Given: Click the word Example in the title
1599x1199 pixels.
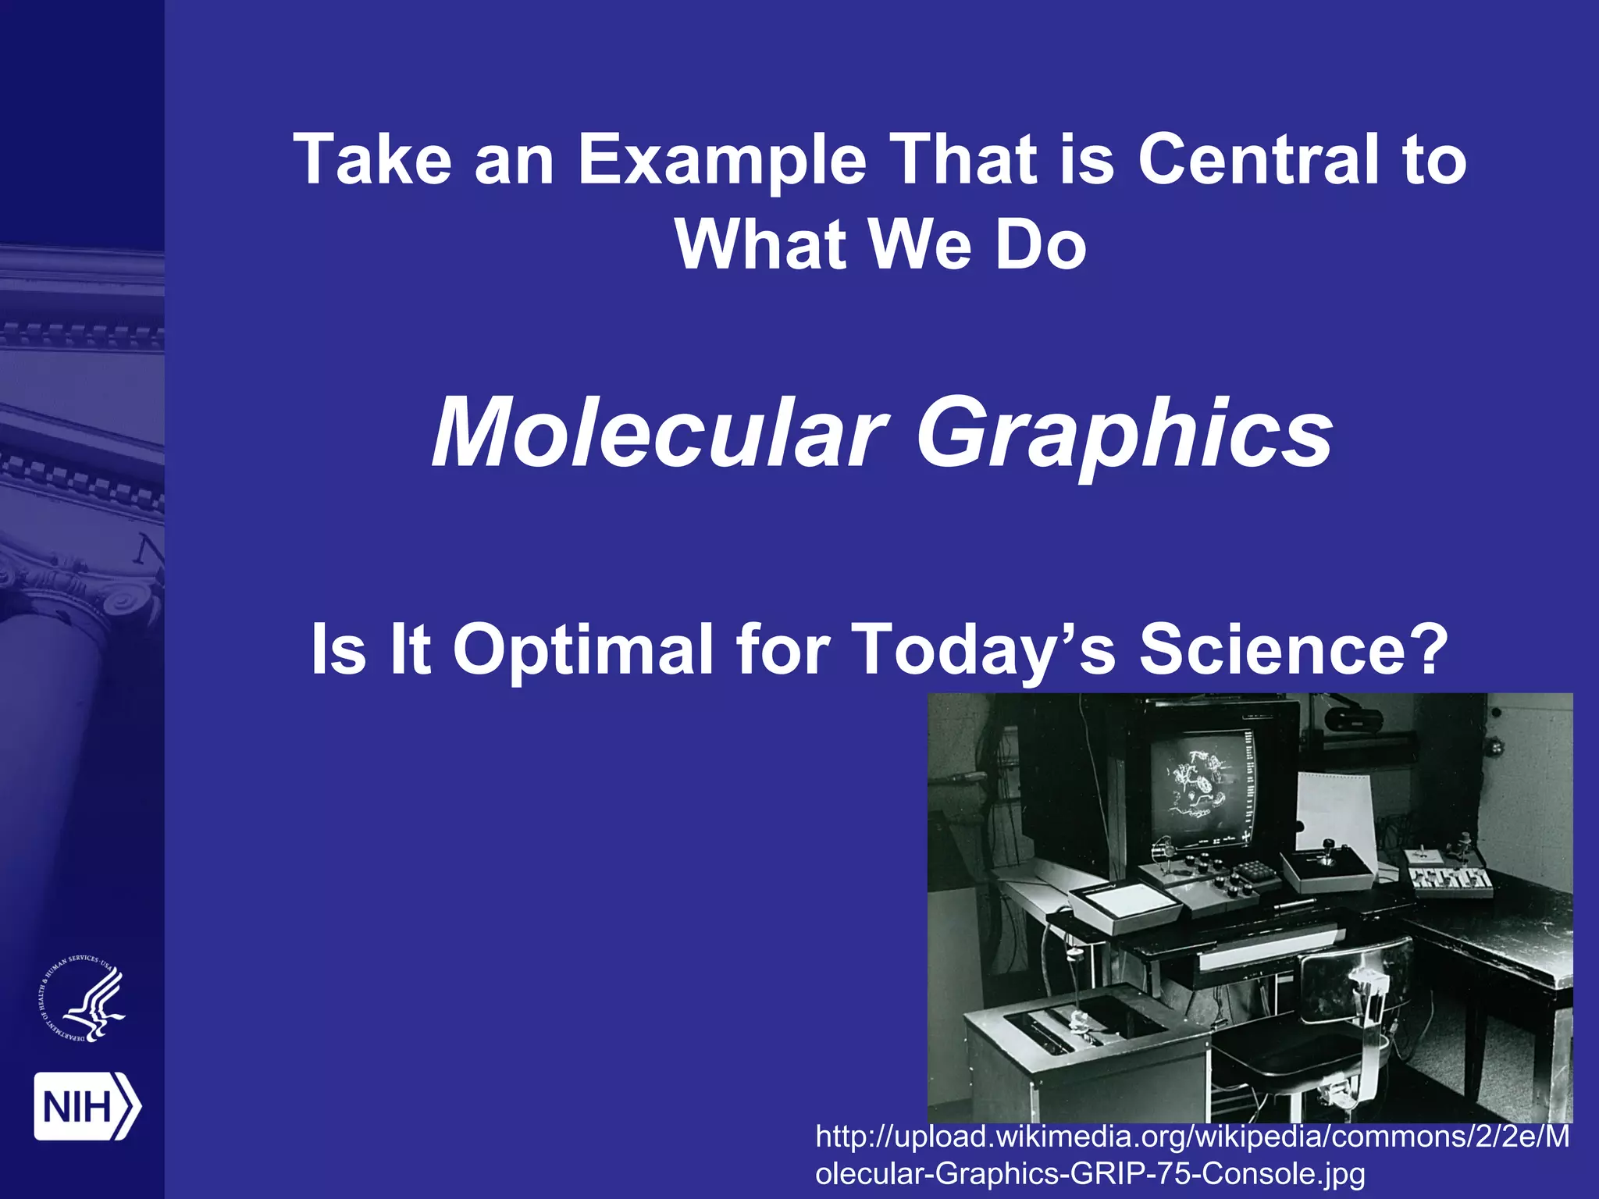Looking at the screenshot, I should point(721,162).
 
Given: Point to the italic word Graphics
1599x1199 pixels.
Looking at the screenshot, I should point(1124,435).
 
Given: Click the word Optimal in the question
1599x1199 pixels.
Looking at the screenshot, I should point(582,649).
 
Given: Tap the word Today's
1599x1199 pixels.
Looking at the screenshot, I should point(982,649).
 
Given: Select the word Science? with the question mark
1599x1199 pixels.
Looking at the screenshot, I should point(1292,649).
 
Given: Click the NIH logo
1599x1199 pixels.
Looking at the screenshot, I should point(87,1106).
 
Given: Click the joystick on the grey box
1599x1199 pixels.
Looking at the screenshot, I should point(1326,863).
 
